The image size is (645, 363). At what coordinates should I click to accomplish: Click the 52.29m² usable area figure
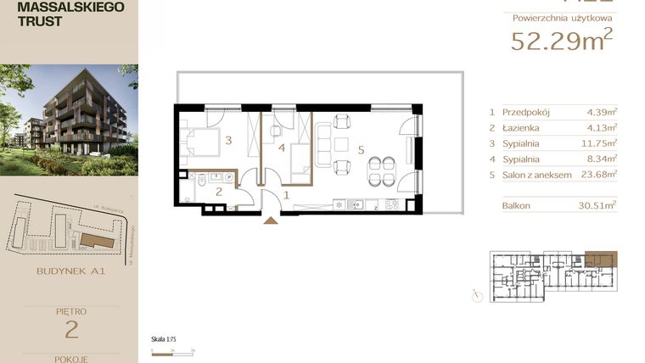[561, 40]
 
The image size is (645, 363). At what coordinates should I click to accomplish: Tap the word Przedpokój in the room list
[525, 111]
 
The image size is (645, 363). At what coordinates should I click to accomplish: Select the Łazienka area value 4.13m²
[602, 127]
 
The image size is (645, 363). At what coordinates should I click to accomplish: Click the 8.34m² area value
[602, 159]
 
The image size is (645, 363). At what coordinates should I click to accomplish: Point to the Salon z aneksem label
[538, 175]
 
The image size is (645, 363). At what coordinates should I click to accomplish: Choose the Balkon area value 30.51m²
[599, 204]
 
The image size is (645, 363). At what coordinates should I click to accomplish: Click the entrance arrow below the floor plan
[271, 221]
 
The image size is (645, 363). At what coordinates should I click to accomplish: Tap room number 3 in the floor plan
[228, 141]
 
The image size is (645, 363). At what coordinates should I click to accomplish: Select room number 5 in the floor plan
[361, 150]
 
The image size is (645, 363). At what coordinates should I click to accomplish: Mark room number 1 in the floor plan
[286, 195]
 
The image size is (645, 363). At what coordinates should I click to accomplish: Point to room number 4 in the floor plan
[281, 149]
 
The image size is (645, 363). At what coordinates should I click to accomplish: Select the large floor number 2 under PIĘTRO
[69, 329]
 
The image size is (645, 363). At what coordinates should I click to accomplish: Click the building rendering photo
[69, 119]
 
